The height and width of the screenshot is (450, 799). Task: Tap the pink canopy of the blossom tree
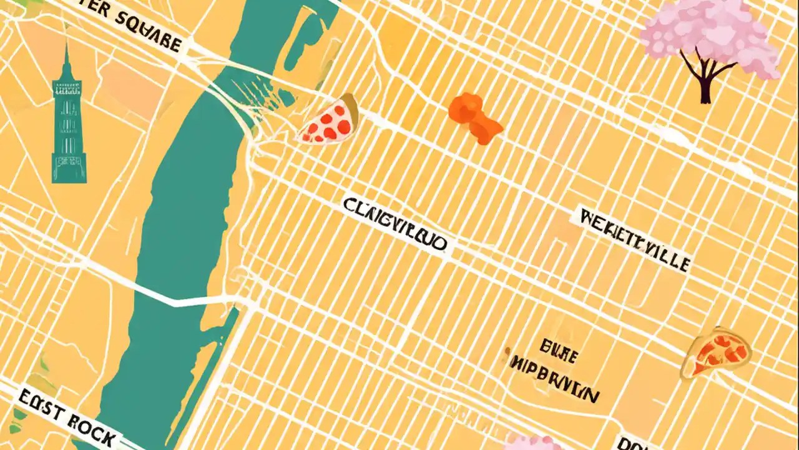point(712,34)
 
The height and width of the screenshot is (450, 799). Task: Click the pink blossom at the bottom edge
point(534,442)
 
